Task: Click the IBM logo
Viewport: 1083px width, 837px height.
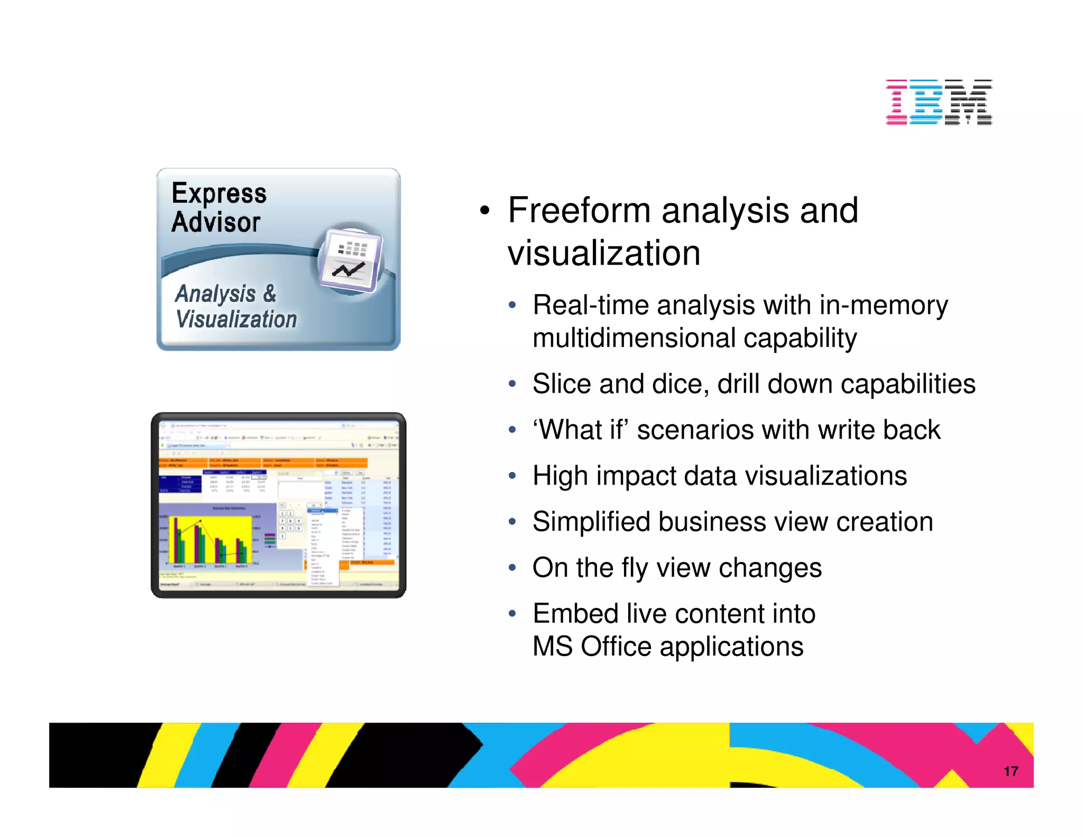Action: [x=939, y=102]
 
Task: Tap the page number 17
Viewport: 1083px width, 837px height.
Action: [x=1011, y=771]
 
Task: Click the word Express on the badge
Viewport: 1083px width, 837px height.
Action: [x=219, y=193]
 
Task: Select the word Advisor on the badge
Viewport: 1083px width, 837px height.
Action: [x=216, y=222]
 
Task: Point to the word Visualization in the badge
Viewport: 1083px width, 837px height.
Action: [x=236, y=320]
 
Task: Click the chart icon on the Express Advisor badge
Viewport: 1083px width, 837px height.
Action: [x=351, y=260]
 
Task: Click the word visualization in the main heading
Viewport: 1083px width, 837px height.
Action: [x=604, y=253]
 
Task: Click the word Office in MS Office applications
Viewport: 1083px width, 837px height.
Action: [x=616, y=647]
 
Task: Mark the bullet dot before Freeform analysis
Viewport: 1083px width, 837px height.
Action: [x=485, y=211]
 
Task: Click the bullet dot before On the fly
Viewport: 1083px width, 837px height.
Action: [x=512, y=568]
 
